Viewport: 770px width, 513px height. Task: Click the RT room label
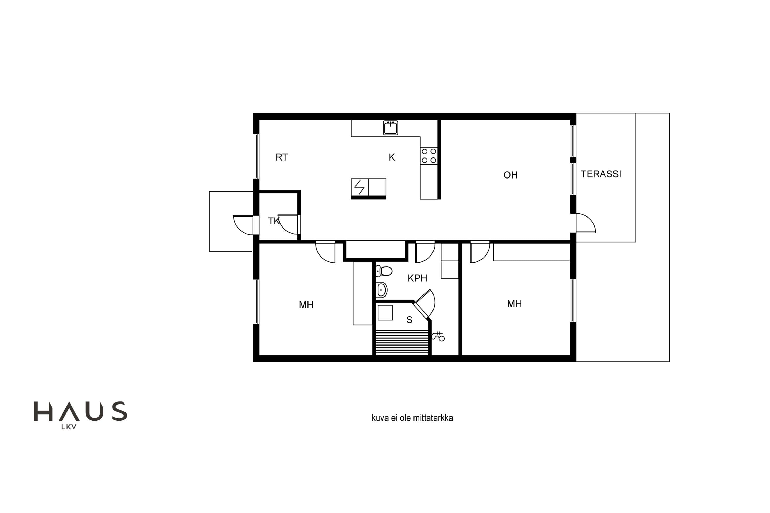tap(282, 157)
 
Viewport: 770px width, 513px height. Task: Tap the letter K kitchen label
tap(392, 157)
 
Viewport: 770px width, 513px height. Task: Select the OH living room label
tap(511, 175)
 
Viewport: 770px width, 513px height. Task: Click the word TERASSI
tap(601, 174)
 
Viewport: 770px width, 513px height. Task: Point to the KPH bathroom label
tap(417, 278)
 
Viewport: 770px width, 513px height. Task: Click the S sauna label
tap(409, 320)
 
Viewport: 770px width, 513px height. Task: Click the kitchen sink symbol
tap(391, 127)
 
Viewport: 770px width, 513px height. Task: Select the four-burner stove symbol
tap(429, 156)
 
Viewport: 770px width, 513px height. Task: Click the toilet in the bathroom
tap(384, 271)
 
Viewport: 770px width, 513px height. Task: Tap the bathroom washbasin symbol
tap(381, 290)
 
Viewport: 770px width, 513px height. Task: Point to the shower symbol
tap(438, 337)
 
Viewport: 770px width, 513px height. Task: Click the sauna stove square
tap(385, 313)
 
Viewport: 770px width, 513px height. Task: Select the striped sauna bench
tap(402, 342)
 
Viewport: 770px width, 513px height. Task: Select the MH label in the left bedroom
tap(306, 305)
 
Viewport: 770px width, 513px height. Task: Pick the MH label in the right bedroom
tap(514, 304)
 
